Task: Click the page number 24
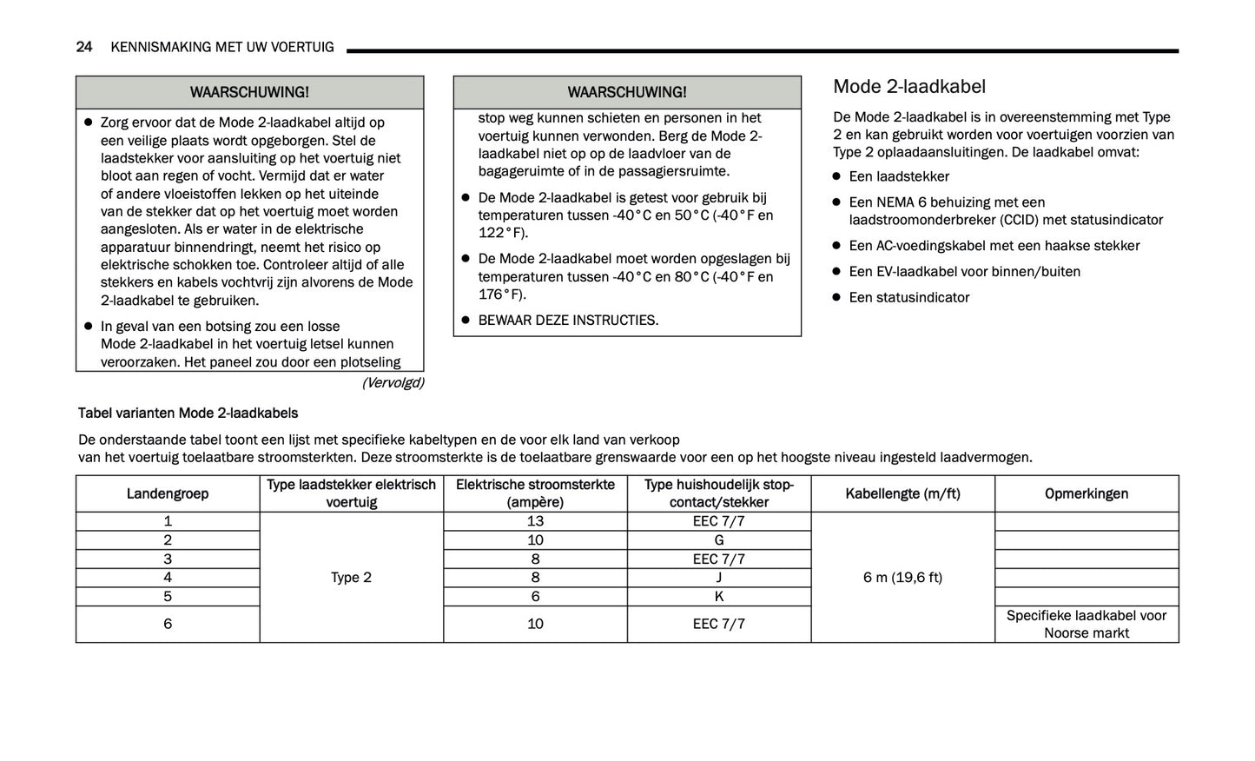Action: click(84, 47)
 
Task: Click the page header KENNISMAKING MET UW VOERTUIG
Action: click(222, 47)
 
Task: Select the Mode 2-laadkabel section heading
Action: click(909, 87)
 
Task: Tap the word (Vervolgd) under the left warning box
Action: click(393, 383)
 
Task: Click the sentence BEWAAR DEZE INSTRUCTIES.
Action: click(568, 321)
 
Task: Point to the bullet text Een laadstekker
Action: click(899, 176)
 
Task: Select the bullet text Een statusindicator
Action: click(908, 297)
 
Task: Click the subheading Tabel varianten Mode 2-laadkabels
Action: click(188, 414)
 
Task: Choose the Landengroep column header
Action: click(168, 493)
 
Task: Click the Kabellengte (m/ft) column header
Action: click(902, 493)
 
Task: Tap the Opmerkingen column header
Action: click(1087, 493)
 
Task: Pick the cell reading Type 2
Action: click(351, 578)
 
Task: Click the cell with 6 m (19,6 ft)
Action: click(902, 578)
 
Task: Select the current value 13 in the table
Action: click(535, 521)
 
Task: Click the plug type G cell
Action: click(719, 540)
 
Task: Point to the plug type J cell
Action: click(719, 578)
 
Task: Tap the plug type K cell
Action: click(719, 597)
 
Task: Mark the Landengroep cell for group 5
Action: click(168, 597)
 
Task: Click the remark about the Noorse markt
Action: click(1087, 625)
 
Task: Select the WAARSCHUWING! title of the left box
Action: click(249, 92)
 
